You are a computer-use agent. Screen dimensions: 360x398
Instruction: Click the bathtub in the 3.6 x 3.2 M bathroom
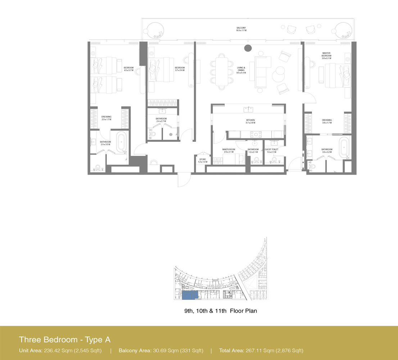click(345, 147)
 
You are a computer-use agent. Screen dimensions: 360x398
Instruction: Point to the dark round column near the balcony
click(248, 48)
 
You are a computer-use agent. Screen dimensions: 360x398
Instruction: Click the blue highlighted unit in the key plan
click(189, 296)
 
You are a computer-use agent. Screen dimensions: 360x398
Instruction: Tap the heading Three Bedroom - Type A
click(65, 339)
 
